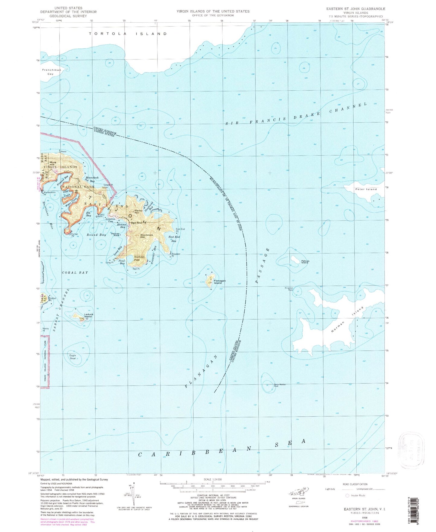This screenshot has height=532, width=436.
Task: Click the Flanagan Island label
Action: (220, 282)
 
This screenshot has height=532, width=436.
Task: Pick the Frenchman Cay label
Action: (52, 72)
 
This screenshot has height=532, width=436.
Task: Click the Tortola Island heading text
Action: (128, 34)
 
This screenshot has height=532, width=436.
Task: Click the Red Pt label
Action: (136, 269)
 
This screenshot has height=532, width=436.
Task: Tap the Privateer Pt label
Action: (176, 254)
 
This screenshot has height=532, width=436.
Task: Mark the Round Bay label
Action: (96, 235)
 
